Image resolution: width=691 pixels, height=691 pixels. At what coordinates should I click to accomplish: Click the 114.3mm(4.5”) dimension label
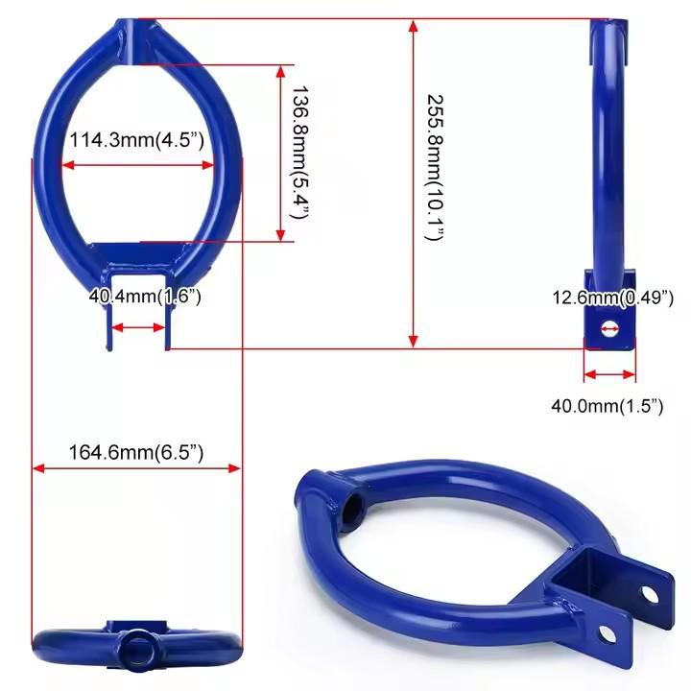(x=137, y=140)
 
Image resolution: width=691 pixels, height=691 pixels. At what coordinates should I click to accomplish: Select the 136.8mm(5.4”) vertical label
(x=300, y=153)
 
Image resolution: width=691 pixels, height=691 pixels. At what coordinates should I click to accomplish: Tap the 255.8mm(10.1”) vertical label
(x=435, y=167)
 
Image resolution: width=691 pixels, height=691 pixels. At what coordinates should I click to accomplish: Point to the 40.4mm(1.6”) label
(x=145, y=297)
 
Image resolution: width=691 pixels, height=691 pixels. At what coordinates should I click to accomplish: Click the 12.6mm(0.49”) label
(x=613, y=298)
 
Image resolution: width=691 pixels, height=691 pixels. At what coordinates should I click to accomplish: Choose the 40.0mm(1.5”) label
(x=608, y=406)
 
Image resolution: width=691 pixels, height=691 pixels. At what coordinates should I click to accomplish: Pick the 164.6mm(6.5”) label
(x=136, y=453)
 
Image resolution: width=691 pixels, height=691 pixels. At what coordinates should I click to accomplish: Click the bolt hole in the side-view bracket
(x=610, y=329)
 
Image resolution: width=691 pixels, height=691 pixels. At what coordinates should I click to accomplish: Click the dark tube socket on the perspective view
(x=353, y=507)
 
